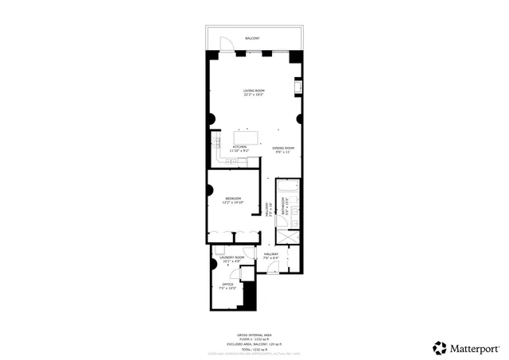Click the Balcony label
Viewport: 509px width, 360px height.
pyautogui.click(x=254, y=37)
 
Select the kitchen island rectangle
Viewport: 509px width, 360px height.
pyautogui.click(x=246, y=136)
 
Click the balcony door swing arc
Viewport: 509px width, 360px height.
pyautogui.click(x=226, y=44)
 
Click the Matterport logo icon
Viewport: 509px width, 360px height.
pyautogui.click(x=440, y=347)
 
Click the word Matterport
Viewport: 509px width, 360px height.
pyautogui.click(x=476, y=347)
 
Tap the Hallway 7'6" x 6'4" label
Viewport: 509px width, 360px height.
pyautogui.click(x=271, y=257)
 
